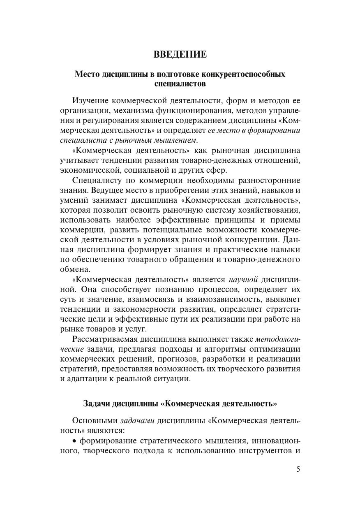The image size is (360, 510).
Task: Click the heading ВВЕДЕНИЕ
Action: pyautogui.click(x=180, y=55)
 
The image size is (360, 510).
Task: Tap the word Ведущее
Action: pyautogui.click(x=107, y=190)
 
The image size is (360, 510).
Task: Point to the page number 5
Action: pyautogui.click(x=298, y=470)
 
